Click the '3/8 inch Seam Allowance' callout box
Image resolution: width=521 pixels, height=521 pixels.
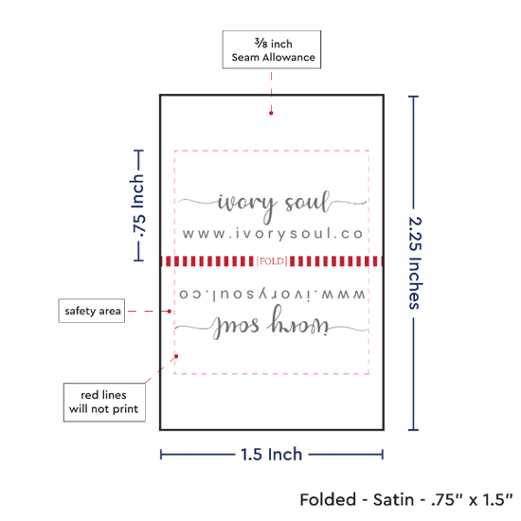(x=272, y=49)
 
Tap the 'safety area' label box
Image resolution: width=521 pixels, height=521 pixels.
(x=92, y=311)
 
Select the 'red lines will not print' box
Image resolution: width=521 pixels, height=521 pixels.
(x=104, y=403)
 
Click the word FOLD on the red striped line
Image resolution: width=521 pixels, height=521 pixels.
(x=272, y=261)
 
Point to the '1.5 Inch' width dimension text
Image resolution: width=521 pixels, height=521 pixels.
(x=272, y=454)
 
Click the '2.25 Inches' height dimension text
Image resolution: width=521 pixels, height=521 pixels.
(x=415, y=263)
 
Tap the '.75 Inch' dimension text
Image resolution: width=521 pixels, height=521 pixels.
(x=138, y=206)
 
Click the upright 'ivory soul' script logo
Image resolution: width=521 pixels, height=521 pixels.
(x=272, y=205)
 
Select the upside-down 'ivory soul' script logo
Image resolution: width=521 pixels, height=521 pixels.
(x=272, y=324)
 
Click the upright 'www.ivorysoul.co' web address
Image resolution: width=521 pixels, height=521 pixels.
(x=273, y=234)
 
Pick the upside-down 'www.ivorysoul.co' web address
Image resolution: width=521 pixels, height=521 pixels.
(x=272, y=295)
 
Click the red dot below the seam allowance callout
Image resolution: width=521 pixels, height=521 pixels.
(x=271, y=113)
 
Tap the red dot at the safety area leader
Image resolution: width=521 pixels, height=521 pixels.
(x=170, y=312)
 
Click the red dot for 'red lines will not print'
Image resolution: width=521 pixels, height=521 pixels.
(x=176, y=356)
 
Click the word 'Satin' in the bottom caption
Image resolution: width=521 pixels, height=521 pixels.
(x=393, y=500)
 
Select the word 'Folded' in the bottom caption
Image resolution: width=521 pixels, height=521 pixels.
(x=328, y=500)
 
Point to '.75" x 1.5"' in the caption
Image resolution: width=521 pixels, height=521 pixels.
(x=472, y=500)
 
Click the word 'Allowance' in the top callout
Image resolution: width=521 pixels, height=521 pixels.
(x=289, y=57)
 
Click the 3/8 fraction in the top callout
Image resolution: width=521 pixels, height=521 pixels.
(x=260, y=43)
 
